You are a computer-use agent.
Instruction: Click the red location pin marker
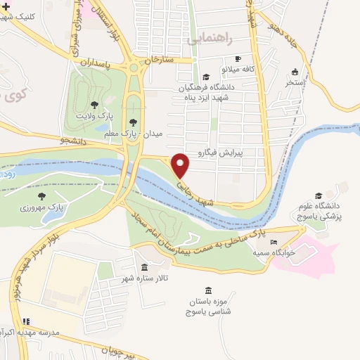(181, 165)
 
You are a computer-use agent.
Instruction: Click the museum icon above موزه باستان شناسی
(207, 290)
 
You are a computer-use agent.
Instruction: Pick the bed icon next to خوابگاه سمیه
(274, 243)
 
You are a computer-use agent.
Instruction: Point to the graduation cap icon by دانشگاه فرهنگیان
(205, 77)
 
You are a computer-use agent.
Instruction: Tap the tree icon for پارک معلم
(133, 122)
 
